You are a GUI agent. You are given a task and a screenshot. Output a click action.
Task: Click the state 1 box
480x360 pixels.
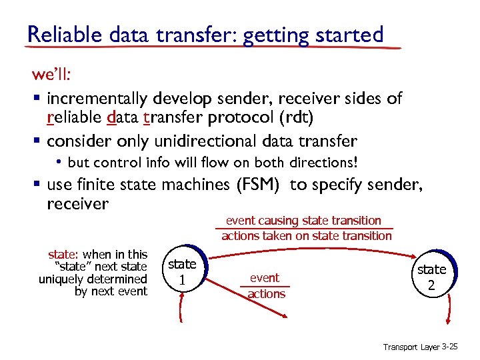pos(182,272)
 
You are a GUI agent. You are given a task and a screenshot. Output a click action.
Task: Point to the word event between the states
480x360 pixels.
pos(265,277)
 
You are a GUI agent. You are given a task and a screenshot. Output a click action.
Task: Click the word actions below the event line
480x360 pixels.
pos(266,294)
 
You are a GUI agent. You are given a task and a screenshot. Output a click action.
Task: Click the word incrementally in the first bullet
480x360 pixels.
pos(97,99)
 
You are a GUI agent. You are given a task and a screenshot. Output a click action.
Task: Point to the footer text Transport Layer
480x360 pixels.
pos(411,347)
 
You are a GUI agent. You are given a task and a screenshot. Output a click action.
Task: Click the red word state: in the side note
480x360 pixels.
pos(63,255)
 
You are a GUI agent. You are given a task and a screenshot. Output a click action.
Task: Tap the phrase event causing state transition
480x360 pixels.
pos(303,221)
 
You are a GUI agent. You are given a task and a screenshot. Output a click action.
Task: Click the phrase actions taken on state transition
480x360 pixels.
pos(307,235)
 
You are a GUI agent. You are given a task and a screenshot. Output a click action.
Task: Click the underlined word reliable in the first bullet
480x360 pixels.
pos(74,118)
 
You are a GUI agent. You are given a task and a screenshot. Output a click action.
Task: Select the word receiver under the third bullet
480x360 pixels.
pos(77,203)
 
